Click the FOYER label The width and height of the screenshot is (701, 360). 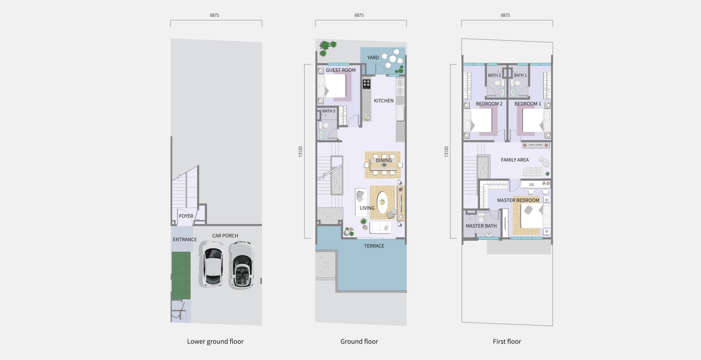[186, 216]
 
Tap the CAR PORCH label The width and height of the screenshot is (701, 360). [225, 236]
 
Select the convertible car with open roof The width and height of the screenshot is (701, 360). [241, 265]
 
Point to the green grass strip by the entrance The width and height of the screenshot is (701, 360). [181, 276]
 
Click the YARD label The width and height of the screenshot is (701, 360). [373, 57]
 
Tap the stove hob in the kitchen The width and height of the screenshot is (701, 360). [367, 84]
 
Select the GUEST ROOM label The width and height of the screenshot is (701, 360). [341, 70]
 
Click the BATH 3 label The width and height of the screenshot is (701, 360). [329, 111]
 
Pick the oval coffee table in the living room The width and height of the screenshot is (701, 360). [382, 202]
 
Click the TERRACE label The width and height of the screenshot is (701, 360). [374, 246]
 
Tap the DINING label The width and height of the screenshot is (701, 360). [384, 160]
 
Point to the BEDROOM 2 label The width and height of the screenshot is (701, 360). [489, 104]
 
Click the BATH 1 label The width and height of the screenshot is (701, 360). [520, 75]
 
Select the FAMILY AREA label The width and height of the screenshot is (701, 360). [515, 160]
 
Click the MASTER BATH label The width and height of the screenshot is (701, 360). [481, 226]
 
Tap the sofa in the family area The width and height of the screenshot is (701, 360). [533, 171]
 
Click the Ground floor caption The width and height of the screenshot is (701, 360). [359, 341]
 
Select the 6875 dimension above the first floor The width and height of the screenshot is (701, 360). [505, 15]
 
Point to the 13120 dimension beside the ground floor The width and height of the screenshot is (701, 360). [300, 151]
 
